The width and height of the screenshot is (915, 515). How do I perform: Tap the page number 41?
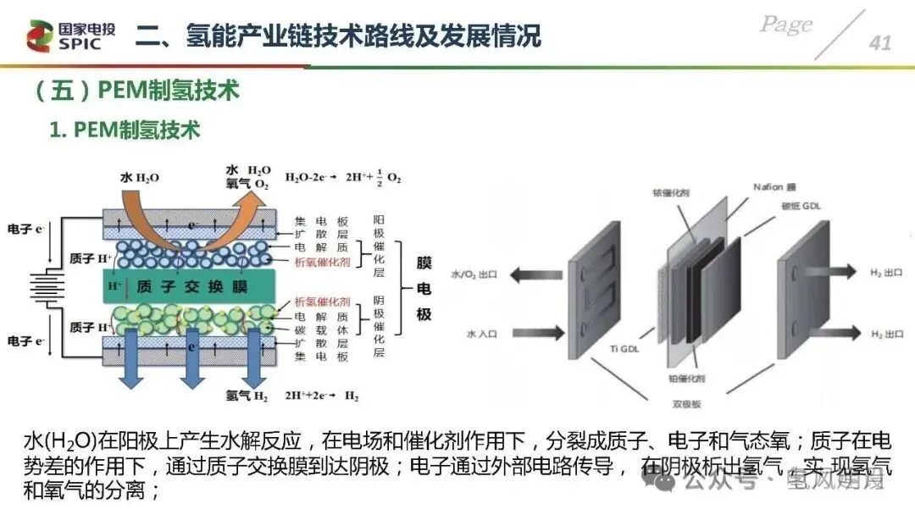click(x=880, y=42)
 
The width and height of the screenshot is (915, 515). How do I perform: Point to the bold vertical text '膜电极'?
click(x=424, y=288)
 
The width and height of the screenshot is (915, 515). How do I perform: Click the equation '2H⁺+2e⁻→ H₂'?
click(x=320, y=396)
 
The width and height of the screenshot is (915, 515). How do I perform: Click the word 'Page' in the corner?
click(x=786, y=25)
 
